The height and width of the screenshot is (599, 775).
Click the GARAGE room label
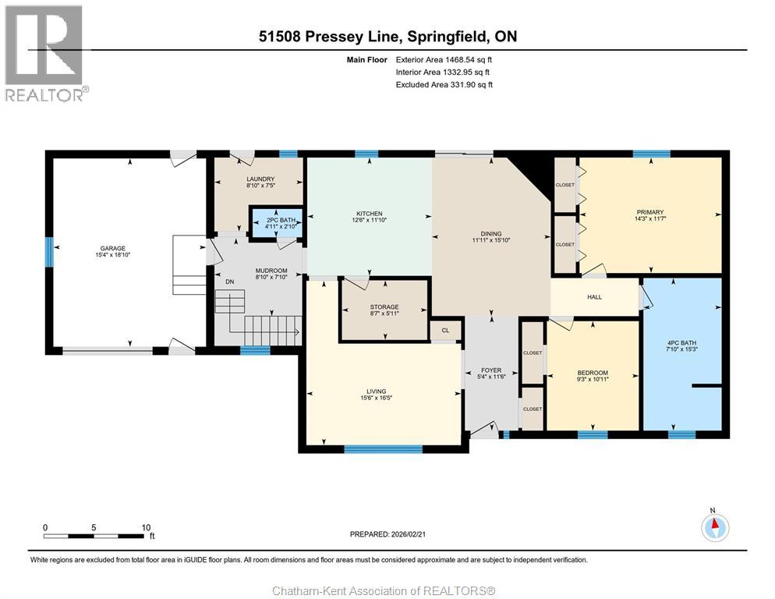[x=113, y=248]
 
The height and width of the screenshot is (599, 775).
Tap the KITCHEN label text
[x=370, y=214]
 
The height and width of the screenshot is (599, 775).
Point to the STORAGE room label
[x=384, y=307]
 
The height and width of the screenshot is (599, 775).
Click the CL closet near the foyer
[x=445, y=331]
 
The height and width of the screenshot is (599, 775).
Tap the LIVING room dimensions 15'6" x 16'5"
[x=376, y=398]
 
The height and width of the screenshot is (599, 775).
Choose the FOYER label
[x=491, y=370]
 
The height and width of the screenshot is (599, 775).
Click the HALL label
[x=595, y=297]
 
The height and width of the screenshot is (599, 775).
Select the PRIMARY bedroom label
[x=650, y=211]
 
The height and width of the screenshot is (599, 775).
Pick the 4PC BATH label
[x=681, y=342]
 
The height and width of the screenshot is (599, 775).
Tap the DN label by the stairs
[x=230, y=282]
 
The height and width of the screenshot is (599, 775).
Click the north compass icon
[x=715, y=527]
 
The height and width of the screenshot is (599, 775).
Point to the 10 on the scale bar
[x=146, y=527]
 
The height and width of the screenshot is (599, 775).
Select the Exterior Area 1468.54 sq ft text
[x=444, y=60]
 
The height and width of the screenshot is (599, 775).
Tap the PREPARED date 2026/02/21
[x=409, y=534]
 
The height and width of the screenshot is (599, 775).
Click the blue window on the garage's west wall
[x=49, y=252]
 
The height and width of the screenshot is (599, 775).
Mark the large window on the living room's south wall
[x=384, y=449]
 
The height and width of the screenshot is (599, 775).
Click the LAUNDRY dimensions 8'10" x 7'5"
[x=260, y=186]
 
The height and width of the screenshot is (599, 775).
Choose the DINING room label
[x=491, y=234]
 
